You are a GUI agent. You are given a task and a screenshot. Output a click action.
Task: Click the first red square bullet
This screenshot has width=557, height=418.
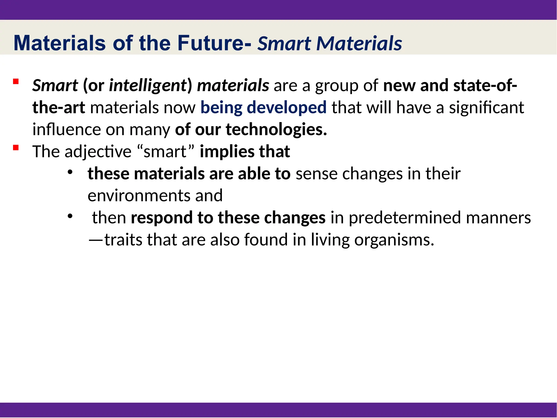(16, 81)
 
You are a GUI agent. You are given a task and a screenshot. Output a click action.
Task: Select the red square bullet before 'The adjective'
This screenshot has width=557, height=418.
(16, 148)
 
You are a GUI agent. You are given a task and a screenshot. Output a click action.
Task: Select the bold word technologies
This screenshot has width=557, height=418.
(276, 129)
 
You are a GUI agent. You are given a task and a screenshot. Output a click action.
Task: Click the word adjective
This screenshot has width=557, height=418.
(98, 151)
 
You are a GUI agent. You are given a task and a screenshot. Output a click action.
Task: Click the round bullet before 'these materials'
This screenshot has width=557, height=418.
(70, 172)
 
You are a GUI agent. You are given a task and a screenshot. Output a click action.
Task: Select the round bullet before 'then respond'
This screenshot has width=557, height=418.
(70, 216)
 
